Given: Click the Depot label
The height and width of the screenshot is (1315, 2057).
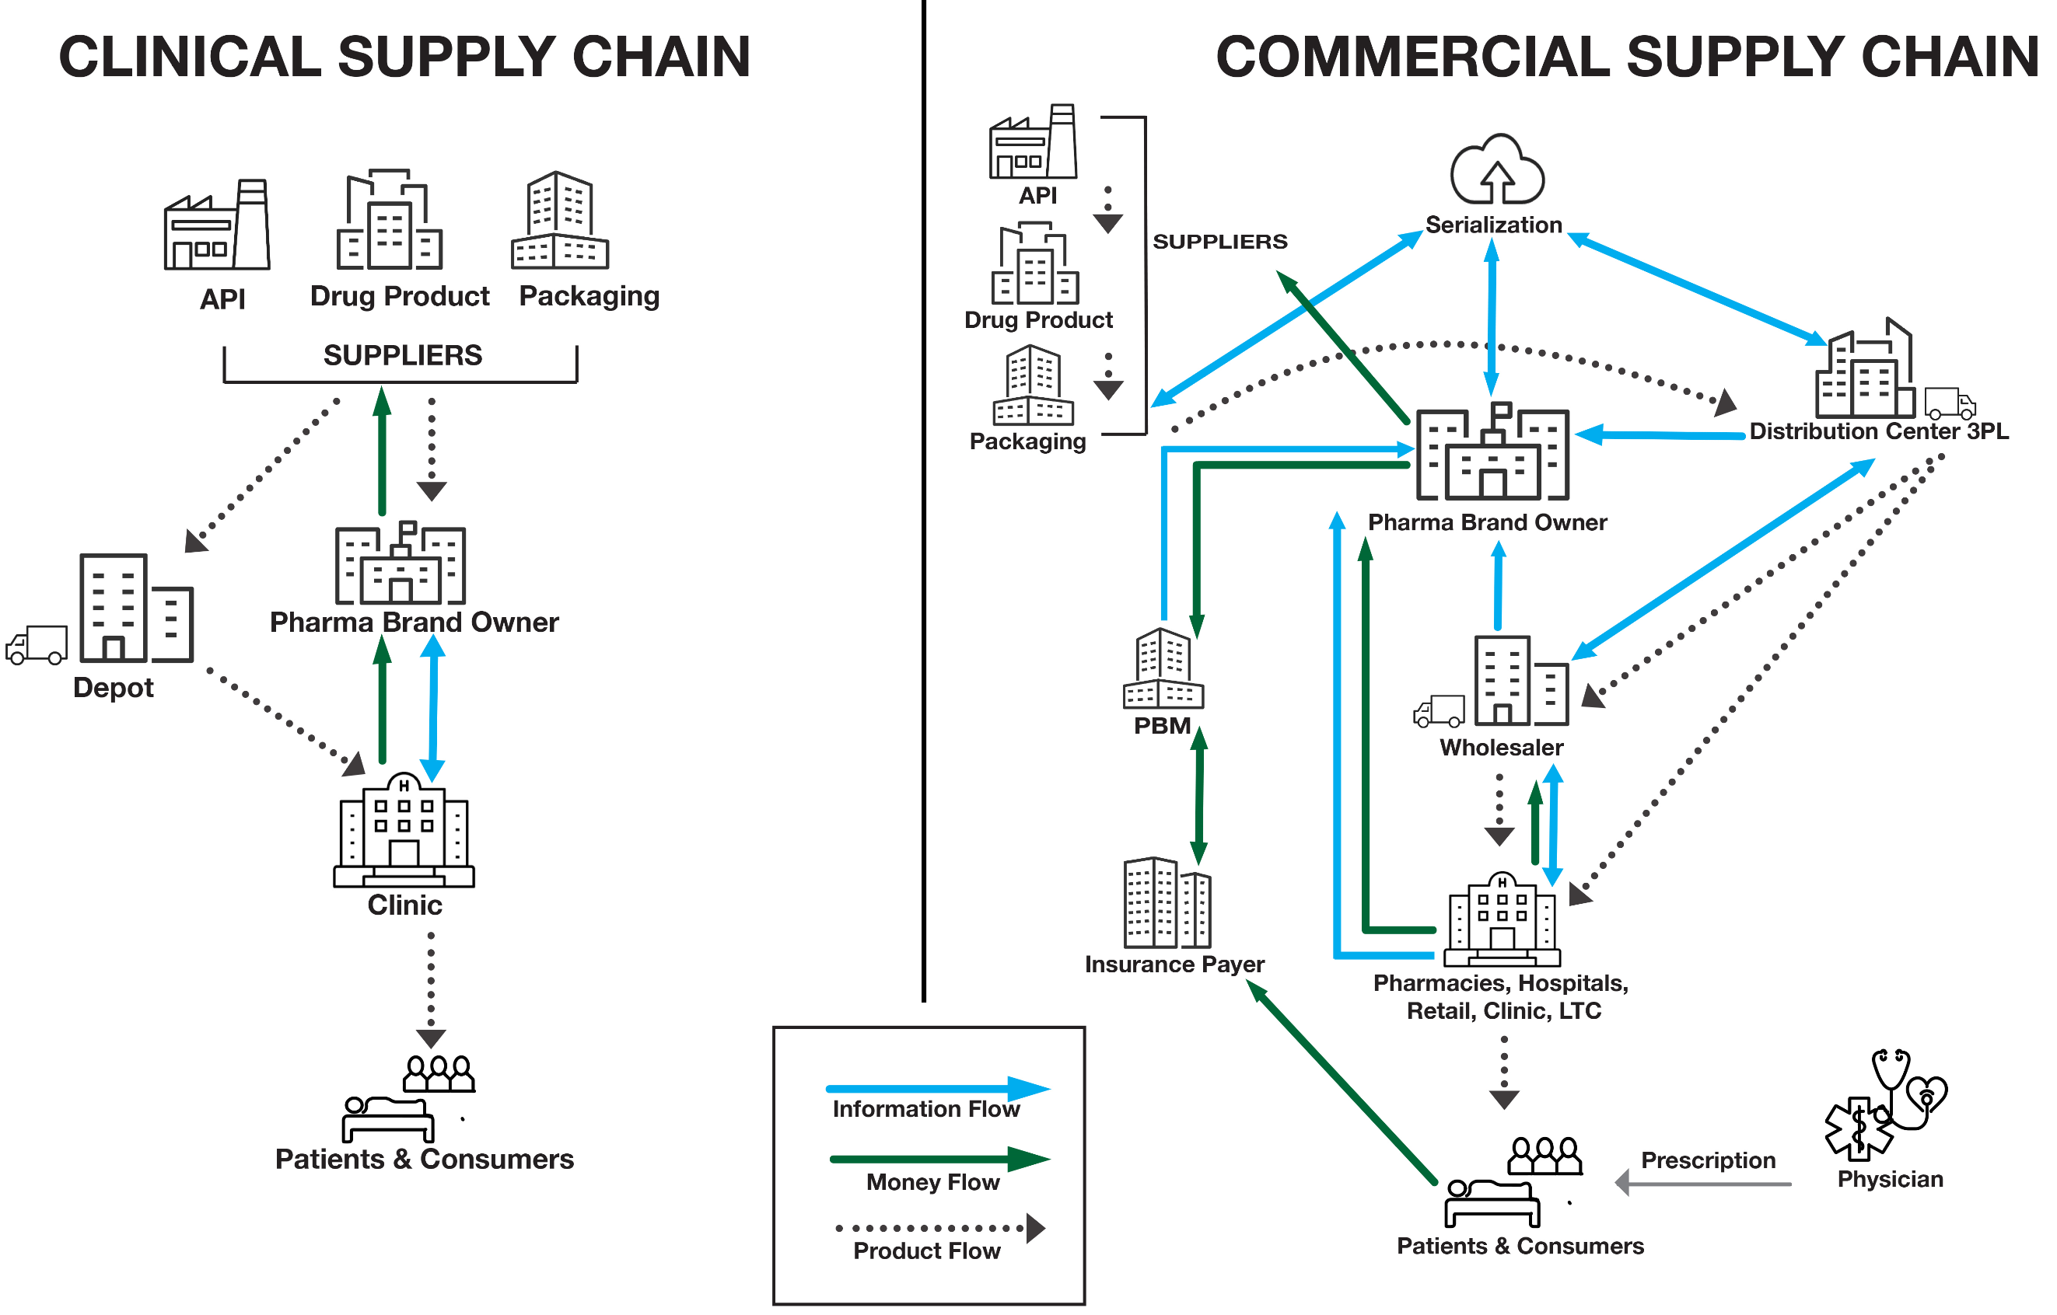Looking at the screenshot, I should pos(113,687).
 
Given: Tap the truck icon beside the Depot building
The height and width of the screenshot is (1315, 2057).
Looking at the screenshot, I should pos(37,646).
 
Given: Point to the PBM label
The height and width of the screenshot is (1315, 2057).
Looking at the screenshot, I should pos(1162,726).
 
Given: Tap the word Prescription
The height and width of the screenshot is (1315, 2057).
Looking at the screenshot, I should pos(1708,1160).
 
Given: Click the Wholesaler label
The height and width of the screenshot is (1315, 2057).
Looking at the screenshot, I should pos(1501,748).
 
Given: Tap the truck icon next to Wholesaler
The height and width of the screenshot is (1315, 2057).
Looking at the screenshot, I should pos(1440,710).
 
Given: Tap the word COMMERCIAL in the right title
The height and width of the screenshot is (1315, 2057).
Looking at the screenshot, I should pos(1413,58).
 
